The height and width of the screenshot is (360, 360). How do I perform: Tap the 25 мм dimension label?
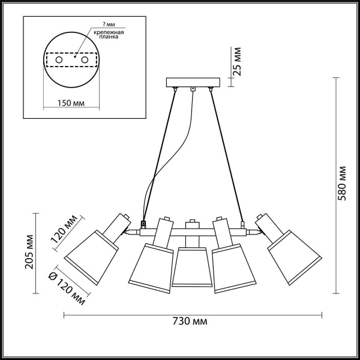pos(238,59)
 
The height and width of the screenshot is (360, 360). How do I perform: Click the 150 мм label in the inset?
pos(71,103)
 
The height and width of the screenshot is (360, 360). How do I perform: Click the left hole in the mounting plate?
pos(58,61)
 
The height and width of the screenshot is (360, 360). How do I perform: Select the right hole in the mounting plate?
pos(85,61)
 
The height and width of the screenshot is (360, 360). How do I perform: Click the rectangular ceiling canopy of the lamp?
pos(193,83)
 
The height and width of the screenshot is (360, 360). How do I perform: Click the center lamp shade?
pos(193,266)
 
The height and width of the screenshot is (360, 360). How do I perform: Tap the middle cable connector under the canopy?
pos(193,90)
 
